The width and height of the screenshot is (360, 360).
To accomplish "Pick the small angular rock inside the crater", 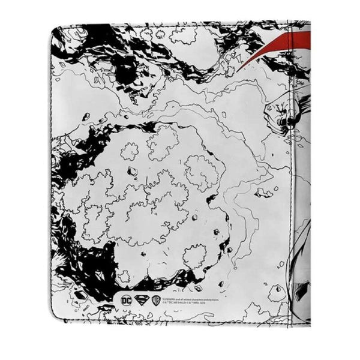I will tap(133, 172).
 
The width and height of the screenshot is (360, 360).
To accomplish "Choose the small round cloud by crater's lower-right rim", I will tap(194, 256).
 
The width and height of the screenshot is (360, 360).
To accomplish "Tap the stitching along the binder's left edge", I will tap(53, 180).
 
